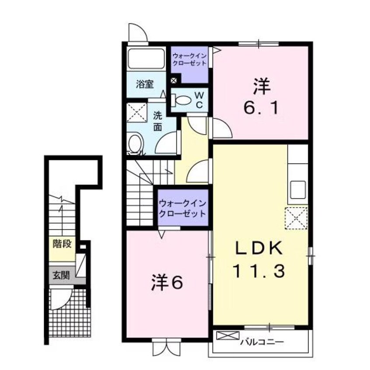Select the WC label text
click(x=199, y=99)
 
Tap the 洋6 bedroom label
click(x=167, y=283)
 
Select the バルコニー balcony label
click(x=262, y=340)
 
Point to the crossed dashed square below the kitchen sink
click(x=296, y=218)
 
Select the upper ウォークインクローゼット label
click(x=189, y=59)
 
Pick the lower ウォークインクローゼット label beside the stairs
click(x=182, y=209)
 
